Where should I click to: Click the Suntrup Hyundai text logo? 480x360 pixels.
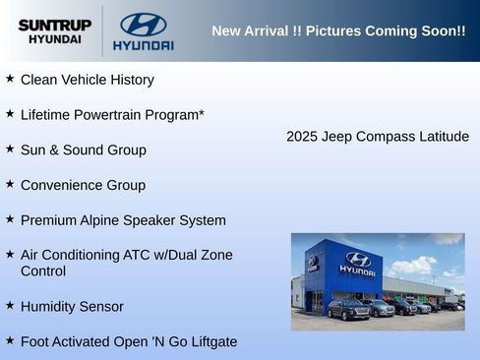pyautogui.click(x=54, y=31)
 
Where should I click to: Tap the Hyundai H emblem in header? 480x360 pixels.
pyautogui.click(x=143, y=25)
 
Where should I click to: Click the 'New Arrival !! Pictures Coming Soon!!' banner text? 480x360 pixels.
pyautogui.click(x=338, y=31)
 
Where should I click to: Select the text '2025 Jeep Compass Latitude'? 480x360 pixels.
pyautogui.click(x=378, y=137)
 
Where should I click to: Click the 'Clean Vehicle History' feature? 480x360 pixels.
pyautogui.click(x=87, y=80)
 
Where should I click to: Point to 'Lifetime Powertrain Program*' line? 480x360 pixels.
pyautogui.click(x=112, y=115)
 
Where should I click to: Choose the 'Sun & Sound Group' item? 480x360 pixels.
pyautogui.click(x=83, y=150)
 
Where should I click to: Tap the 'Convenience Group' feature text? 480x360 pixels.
pyautogui.click(x=83, y=186)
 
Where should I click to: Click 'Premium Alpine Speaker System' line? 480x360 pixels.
pyautogui.click(x=123, y=220)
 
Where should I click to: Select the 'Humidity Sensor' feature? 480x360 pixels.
pyautogui.click(x=72, y=307)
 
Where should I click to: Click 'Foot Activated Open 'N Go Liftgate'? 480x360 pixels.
pyautogui.click(x=128, y=342)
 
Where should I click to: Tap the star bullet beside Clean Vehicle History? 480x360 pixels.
pyautogui.click(x=10, y=78)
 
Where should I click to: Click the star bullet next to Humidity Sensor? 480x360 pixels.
pyautogui.click(x=10, y=305)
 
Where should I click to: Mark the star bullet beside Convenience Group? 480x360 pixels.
pyautogui.click(x=10, y=184)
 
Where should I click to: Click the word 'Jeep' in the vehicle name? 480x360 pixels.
pyautogui.click(x=339, y=137)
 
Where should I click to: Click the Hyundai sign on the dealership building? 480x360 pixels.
pyautogui.click(x=357, y=264)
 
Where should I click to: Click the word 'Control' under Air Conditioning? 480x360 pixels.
pyautogui.click(x=43, y=271)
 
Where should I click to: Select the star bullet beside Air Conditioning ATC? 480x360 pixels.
pyautogui.click(x=10, y=254)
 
